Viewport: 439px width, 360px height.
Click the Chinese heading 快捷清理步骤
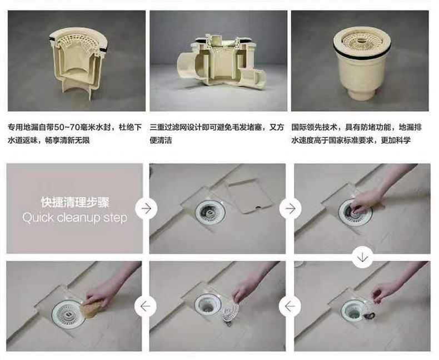tap(75, 202)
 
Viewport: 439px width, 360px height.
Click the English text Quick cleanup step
tap(75, 218)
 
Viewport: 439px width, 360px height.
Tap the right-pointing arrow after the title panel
tap(146, 208)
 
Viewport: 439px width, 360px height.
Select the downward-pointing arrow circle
tap(362, 257)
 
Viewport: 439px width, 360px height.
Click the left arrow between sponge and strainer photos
tap(145, 306)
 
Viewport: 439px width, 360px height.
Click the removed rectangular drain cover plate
tap(248, 196)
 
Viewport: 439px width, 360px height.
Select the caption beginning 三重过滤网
tap(217, 134)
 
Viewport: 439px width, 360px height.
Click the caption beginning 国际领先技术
tap(356, 134)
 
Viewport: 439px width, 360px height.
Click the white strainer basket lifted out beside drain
tap(230, 312)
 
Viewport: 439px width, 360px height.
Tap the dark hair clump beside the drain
tap(370, 316)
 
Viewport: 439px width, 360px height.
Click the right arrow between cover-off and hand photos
tap(290, 208)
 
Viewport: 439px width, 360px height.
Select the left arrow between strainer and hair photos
tap(290, 306)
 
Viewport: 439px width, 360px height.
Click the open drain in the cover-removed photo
tap(210, 212)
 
